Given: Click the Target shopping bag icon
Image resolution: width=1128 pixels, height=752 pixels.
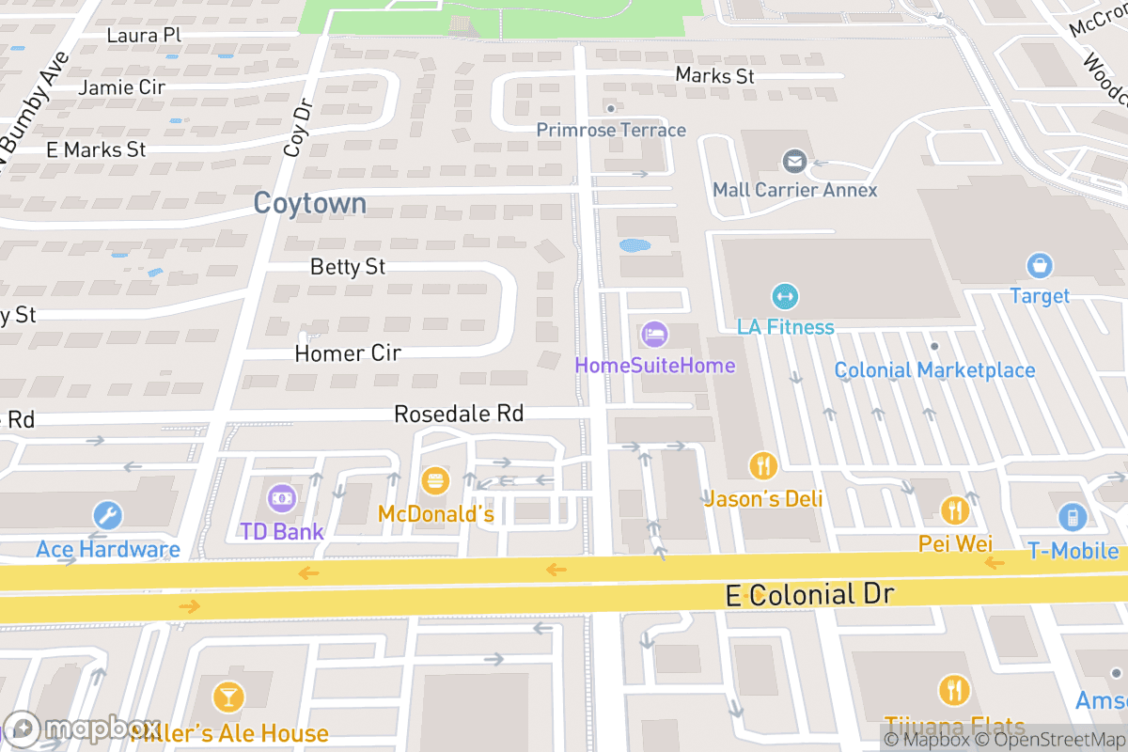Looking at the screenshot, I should click(x=1039, y=266).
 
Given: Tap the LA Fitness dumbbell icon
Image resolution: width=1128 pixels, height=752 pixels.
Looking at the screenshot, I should click(x=784, y=297).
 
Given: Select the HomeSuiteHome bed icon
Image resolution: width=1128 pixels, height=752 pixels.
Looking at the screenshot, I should click(x=655, y=334).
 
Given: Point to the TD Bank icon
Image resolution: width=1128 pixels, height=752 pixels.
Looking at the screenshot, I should click(x=282, y=496).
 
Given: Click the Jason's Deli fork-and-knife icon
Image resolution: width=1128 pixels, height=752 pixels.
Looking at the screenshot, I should click(x=762, y=465).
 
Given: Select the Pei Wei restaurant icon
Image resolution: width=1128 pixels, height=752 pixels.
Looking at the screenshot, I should click(x=955, y=510).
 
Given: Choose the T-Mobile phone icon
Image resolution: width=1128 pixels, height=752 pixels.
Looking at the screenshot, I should click(x=1072, y=517).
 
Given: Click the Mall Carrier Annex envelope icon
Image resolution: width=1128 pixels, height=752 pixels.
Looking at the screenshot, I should click(x=794, y=161).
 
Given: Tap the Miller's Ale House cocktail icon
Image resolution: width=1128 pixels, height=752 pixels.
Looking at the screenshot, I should click(x=227, y=697).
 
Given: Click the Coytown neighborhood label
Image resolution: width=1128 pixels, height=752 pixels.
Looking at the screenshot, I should click(x=310, y=204).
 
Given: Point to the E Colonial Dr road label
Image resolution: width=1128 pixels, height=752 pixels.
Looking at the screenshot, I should click(x=809, y=594).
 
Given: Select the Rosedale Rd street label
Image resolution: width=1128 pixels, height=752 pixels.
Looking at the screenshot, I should click(x=458, y=414).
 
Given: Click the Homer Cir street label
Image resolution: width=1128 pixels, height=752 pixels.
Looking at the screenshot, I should click(x=348, y=353).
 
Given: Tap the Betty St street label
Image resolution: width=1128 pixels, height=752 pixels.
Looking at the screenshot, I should click(x=348, y=267).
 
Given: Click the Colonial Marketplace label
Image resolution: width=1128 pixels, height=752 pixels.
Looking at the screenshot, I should click(x=934, y=370).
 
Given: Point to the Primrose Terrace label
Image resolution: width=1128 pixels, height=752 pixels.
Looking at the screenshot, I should click(x=611, y=130).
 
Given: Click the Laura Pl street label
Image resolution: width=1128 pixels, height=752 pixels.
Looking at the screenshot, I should click(x=143, y=36).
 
